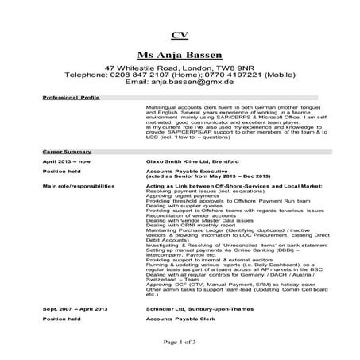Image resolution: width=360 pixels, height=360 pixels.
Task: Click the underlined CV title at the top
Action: coord(180,36)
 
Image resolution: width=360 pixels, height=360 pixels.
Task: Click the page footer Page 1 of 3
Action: coord(180,341)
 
